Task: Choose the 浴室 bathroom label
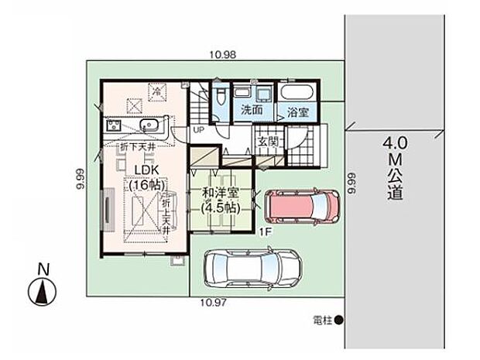coord(298,111)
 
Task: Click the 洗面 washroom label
coord(251,110)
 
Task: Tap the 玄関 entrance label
coord(269,142)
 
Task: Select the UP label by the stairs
coord(199,130)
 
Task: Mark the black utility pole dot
coord(338,319)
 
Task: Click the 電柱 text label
coord(323,319)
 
